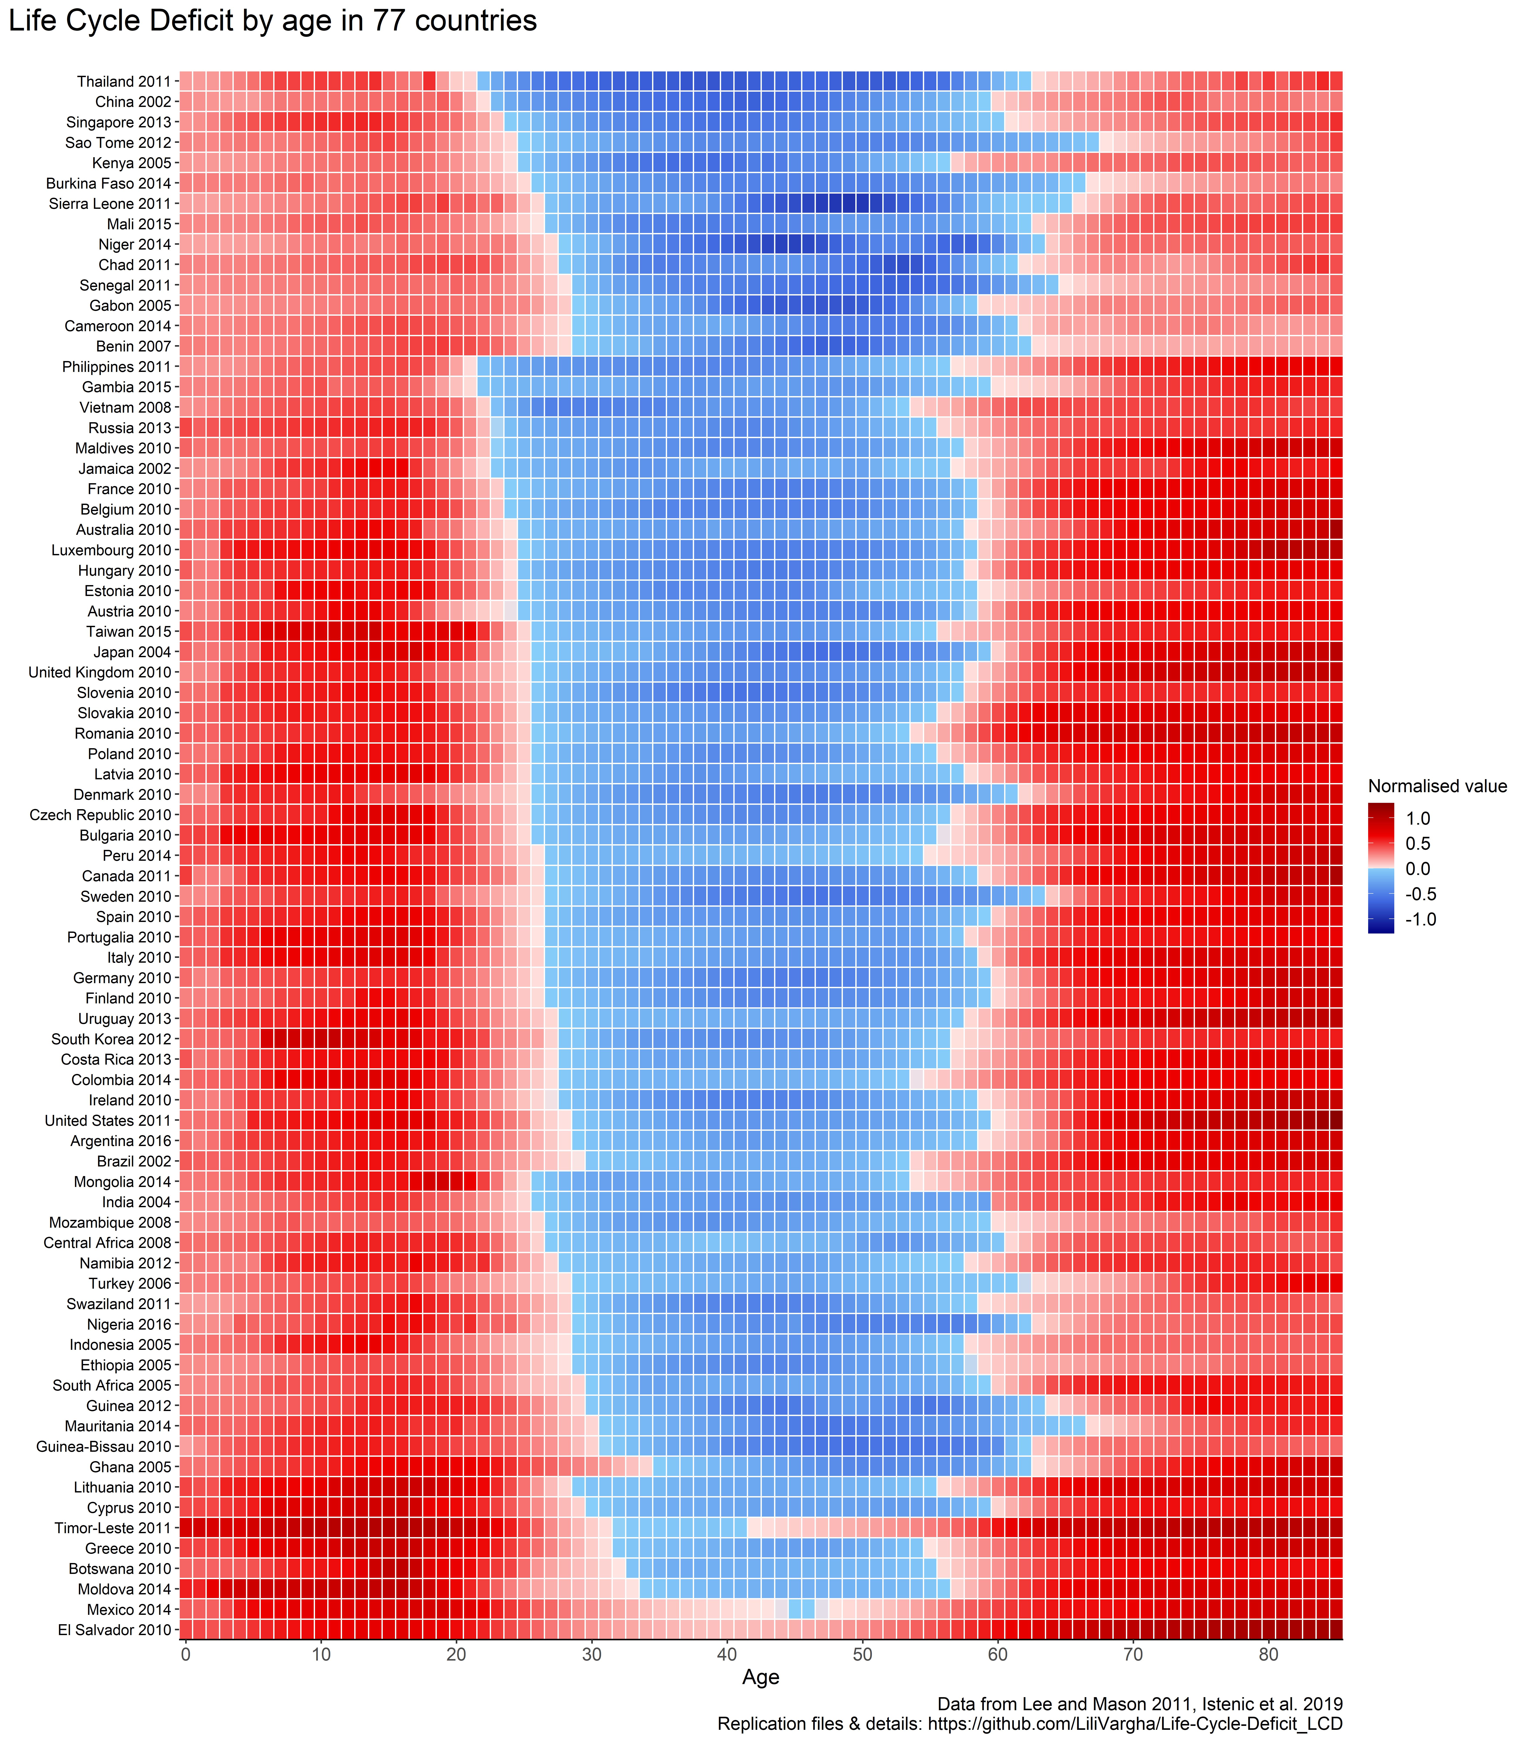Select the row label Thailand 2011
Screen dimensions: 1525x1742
(124, 82)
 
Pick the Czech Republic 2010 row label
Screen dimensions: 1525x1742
(100, 815)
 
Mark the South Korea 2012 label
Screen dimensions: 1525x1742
(112, 1039)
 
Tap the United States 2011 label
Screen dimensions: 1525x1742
(108, 1121)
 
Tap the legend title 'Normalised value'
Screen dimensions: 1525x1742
(1437, 786)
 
